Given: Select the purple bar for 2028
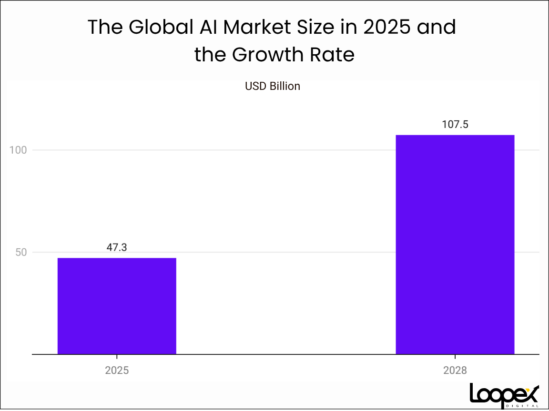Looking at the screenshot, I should click(455, 245).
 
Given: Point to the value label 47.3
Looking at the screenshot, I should click(117, 247).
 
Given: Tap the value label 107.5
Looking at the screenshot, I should click(455, 125).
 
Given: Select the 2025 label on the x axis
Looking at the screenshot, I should click(117, 370).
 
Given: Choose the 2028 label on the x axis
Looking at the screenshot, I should click(455, 370).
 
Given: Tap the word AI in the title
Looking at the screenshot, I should click(206, 28).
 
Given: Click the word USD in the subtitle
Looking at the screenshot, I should click(255, 86).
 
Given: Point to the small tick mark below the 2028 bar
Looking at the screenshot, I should click(455, 357).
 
